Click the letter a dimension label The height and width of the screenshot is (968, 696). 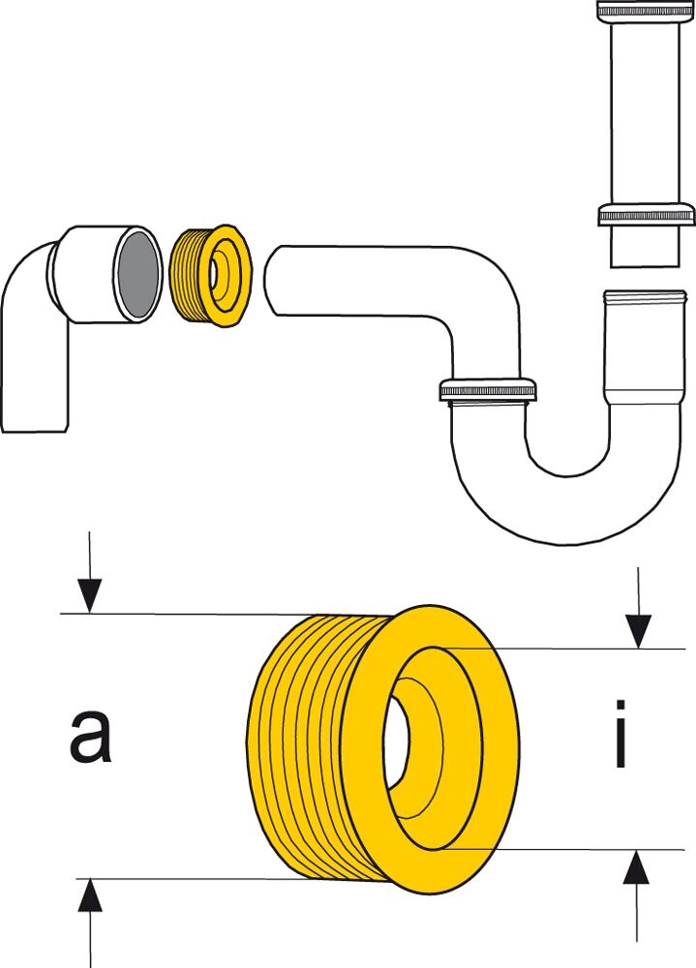click(90, 737)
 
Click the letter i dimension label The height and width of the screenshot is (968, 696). click(620, 734)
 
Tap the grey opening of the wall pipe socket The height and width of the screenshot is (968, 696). click(137, 273)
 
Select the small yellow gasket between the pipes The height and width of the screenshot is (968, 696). click(210, 276)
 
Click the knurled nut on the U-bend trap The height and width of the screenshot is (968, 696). click(488, 390)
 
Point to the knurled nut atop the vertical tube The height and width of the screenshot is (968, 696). click(645, 11)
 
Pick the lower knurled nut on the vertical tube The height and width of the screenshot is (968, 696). click(647, 214)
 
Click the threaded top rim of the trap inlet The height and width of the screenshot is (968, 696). click(645, 297)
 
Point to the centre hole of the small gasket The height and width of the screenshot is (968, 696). click(213, 275)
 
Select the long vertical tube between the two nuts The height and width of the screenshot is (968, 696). click(645, 112)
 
